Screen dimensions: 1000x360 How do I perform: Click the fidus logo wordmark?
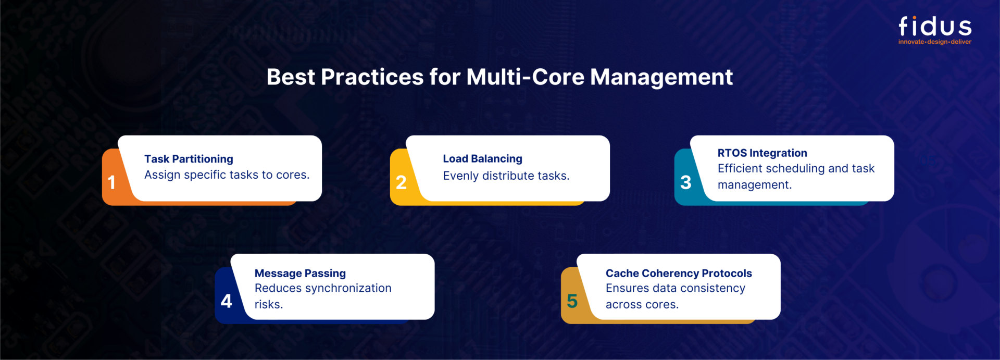(935, 26)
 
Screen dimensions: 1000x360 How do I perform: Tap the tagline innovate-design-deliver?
(935, 42)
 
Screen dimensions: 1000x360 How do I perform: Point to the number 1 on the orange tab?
(111, 182)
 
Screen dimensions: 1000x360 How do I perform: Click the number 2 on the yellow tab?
(401, 182)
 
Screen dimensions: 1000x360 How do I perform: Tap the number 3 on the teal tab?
(686, 182)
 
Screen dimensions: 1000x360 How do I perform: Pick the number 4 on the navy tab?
(227, 301)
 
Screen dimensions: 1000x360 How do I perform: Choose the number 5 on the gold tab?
(572, 301)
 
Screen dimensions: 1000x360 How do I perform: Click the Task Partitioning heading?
(189, 159)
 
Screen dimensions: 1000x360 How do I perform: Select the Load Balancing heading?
(482, 159)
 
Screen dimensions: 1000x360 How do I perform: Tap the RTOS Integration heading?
(762, 153)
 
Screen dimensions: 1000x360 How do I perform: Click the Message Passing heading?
(300, 274)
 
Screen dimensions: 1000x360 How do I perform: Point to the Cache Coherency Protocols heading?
(679, 274)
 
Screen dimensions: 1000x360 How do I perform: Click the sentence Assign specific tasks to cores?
(227, 175)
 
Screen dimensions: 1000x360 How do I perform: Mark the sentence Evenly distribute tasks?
(506, 176)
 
